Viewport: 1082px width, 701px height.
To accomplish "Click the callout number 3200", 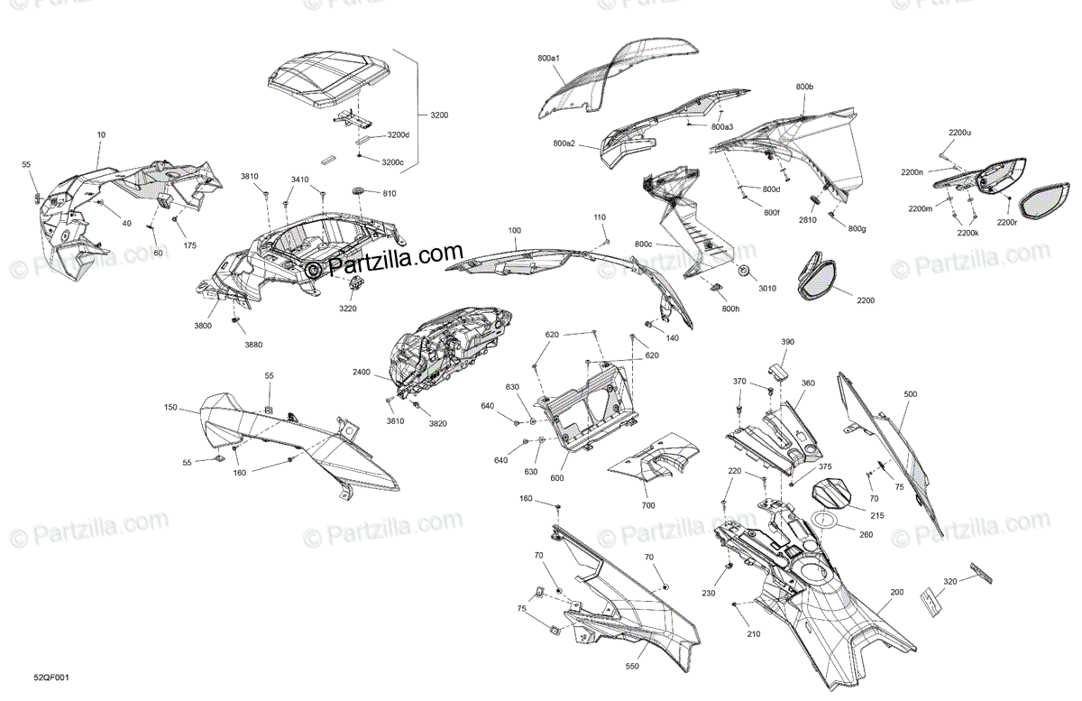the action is [439, 115].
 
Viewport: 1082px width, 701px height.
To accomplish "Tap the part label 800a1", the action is [548, 59].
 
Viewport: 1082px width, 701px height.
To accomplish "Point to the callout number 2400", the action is [361, 371].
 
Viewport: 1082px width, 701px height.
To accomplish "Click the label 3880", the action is [253, 344].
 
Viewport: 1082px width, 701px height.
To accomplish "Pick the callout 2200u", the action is [959, 133].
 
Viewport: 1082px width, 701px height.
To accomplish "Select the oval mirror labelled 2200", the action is [821, 277].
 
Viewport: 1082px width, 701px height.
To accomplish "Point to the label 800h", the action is [730, 309].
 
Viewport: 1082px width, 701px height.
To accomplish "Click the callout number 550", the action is [633, 666].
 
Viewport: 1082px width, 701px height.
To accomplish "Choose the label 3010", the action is [766, 289].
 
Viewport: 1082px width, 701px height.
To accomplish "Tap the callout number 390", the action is [787, 342].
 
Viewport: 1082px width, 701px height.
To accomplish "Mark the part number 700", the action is [647, 505].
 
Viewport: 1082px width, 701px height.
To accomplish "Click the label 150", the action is [170, 408].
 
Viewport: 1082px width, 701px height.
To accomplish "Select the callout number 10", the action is [101, 134].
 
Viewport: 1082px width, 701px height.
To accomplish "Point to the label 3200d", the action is [398, 135].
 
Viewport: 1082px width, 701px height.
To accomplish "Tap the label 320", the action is [949, 582].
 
